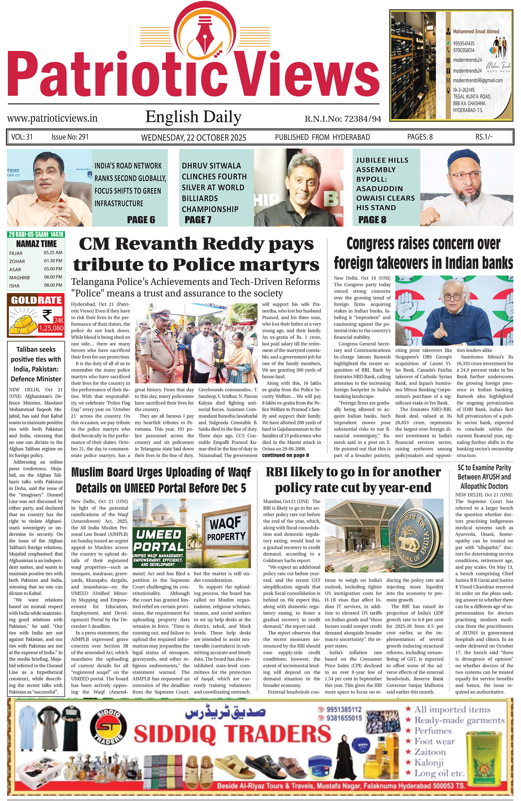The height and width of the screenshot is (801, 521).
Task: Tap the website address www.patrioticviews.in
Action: [52, 118]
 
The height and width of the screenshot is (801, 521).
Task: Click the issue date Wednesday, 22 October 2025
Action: [193, 137]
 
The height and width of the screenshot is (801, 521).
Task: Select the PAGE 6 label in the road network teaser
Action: [141, 219]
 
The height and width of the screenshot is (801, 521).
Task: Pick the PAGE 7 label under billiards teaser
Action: [198, 219]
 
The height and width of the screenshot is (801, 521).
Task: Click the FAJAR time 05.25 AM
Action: [53, 252]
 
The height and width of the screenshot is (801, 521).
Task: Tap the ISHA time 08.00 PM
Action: [53, 285]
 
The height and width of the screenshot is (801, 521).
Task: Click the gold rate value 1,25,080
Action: [51, 328]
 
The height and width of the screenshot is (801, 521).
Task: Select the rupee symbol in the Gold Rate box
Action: [47, 316]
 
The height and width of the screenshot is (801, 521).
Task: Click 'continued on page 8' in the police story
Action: [285, 455]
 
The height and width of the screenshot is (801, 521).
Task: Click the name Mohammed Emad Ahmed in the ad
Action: [476, 31]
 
